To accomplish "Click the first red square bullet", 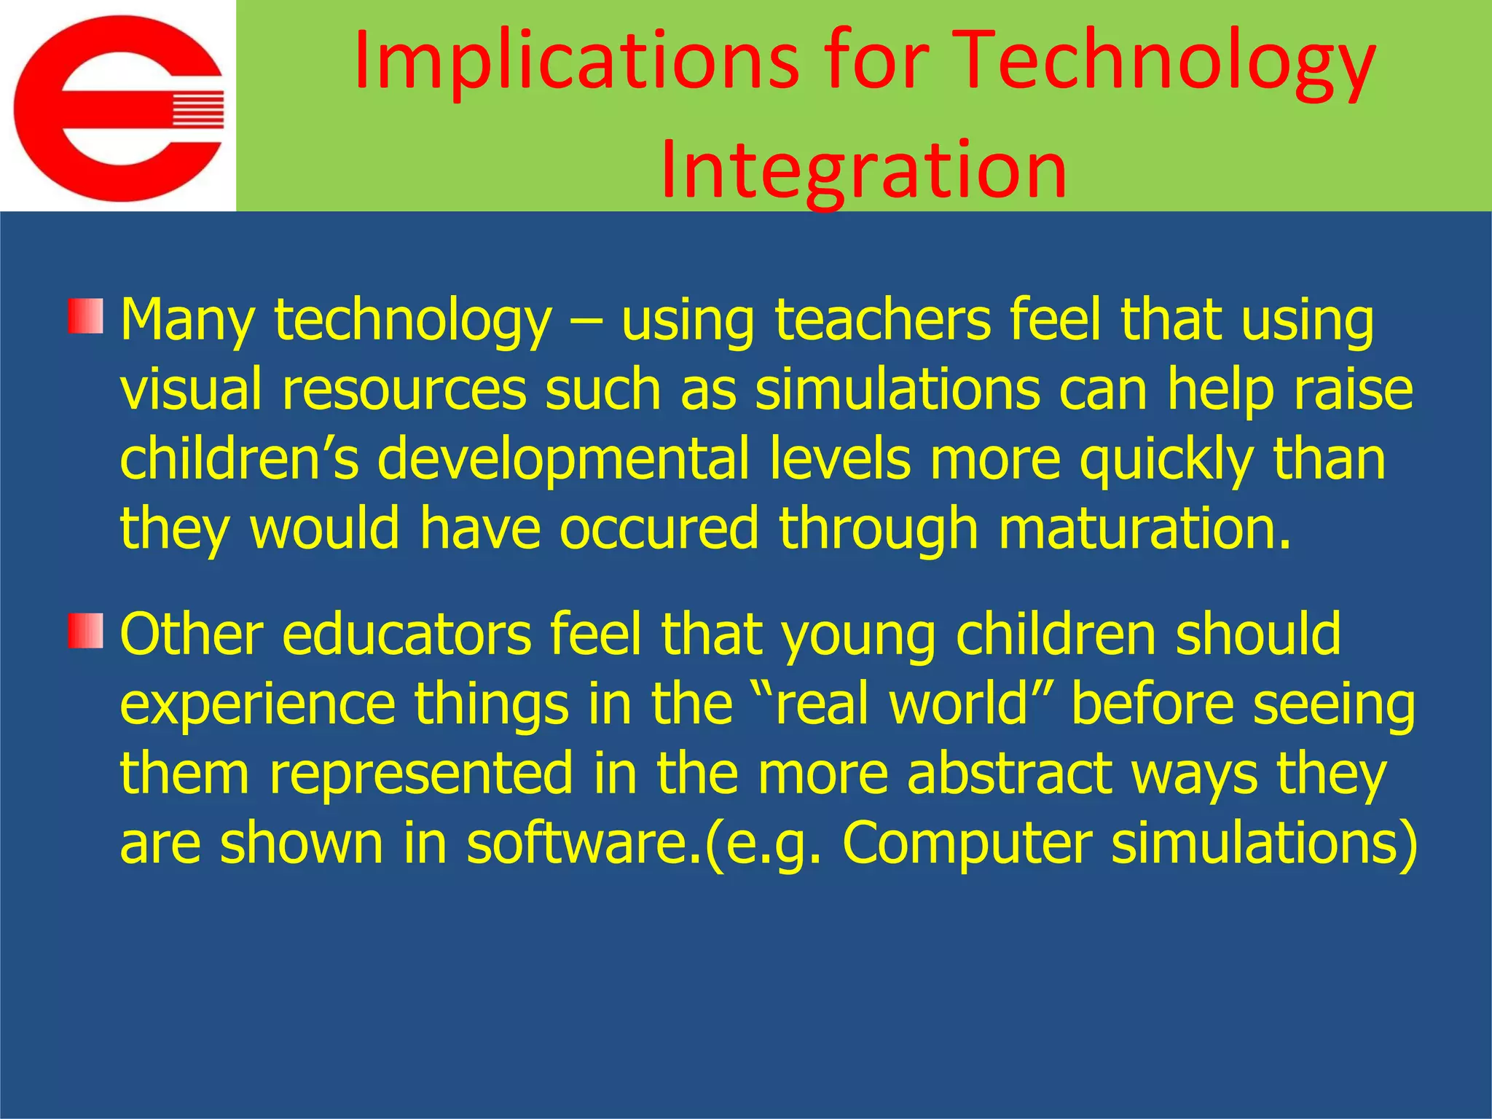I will (x=85, y=316).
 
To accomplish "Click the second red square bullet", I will (x=85, y=631).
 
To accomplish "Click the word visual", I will (x=190, y=389).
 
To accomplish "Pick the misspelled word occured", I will (x=659, y=527).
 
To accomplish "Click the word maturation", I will (x=1144, y=527).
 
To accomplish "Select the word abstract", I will (x=1009, y=772).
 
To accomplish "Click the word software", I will (x=583, y=842).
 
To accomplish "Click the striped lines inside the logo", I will (x=197, y=109).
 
